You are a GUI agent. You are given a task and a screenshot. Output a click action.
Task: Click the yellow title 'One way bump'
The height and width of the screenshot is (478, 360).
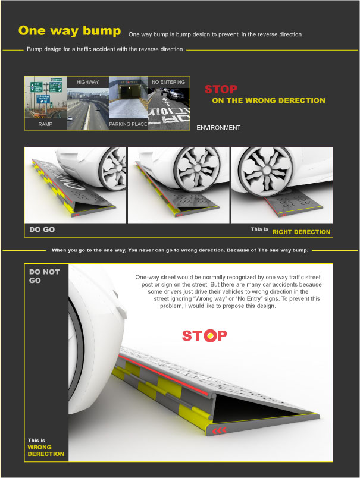[x=70, y=32]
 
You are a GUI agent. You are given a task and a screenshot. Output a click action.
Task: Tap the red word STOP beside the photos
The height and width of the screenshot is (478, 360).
[x=221, y=90]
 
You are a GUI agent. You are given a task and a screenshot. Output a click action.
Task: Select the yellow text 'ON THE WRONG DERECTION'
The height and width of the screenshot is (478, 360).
[x=268, y=100]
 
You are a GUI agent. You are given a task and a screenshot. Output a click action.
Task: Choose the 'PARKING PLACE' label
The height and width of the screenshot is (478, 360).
[x=127, y=125]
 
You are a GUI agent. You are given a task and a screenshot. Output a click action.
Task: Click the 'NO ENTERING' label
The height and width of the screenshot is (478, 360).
[x=168, y=82]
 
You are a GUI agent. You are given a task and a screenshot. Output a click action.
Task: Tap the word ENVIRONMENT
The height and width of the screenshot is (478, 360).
[x=218, y=128]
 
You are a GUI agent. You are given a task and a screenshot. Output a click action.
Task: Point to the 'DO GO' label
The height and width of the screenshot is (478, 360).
[x=42, y=229]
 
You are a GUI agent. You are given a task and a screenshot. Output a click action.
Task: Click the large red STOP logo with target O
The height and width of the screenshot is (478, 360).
[x=204, y=335]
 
